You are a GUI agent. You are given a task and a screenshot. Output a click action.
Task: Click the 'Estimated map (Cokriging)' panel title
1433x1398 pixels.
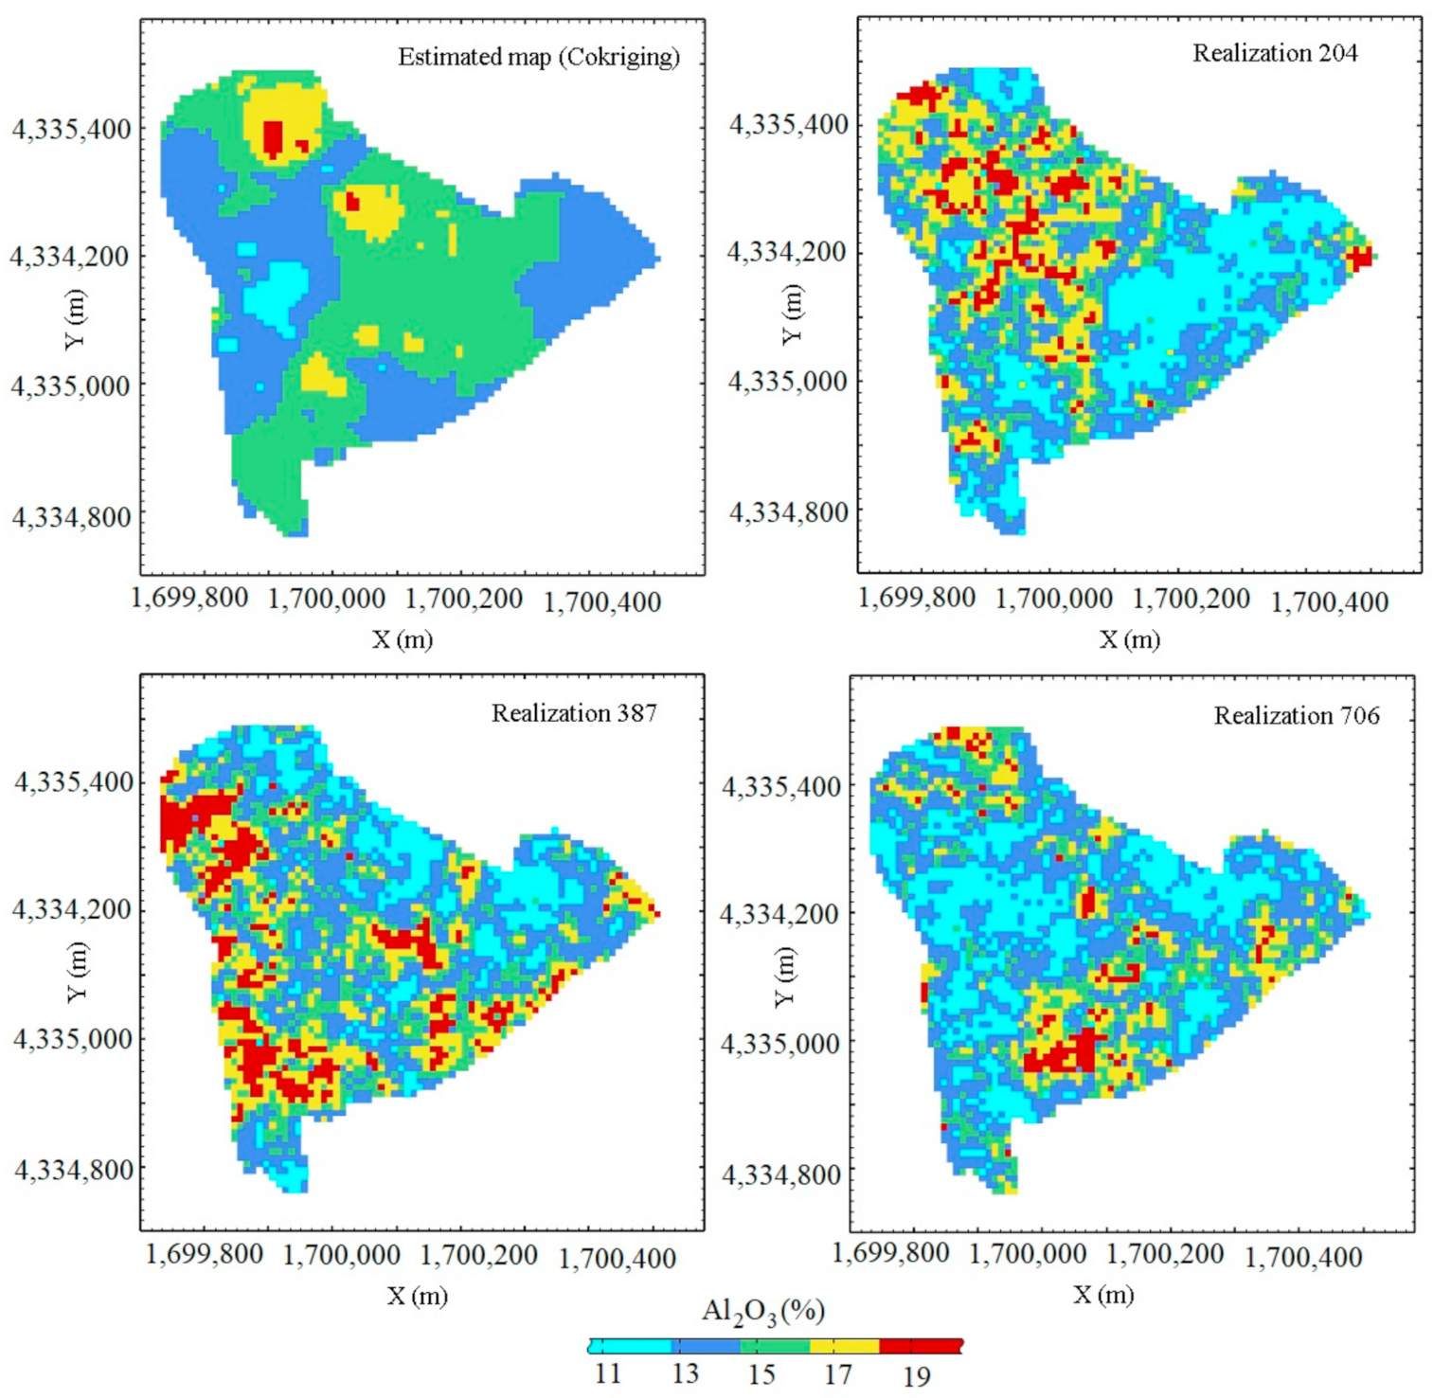click(538, 57)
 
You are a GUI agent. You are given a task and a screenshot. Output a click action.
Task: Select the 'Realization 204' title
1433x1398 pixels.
click(1274, 53)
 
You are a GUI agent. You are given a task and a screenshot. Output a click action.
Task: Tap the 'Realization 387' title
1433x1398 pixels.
click(574, 712)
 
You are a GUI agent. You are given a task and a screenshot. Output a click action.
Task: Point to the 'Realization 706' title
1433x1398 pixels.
click(1296, 715)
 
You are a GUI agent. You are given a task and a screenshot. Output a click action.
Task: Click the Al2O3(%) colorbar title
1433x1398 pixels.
click(763, 1312)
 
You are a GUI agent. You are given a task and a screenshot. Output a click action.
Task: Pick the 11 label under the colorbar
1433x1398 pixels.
click(607, 1373)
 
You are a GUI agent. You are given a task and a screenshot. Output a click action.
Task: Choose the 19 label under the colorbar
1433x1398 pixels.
click(916, 1375)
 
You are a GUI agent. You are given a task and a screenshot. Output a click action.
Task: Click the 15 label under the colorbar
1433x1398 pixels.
click(761, 1373)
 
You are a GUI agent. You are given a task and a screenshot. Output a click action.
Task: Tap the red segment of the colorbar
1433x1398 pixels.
click(920, 1346)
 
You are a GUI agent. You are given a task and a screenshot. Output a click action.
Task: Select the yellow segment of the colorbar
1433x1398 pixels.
click(844, 1346)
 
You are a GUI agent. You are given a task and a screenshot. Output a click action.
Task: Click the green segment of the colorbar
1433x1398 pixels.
click(775, 1346)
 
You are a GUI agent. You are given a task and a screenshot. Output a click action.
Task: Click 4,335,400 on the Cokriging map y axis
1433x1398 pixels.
click(71, 129)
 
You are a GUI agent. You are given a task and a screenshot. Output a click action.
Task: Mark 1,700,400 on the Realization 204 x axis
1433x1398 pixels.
click(1329, 601)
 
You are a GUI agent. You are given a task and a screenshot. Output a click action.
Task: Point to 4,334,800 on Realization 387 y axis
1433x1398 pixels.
click(73, 1170)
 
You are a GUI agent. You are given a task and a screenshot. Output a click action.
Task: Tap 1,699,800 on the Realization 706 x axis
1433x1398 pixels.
click(890, 1253)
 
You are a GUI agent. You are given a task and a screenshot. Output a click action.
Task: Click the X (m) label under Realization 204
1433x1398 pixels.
click(1129, 639)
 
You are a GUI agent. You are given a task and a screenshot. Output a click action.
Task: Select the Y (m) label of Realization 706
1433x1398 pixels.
click(784, 977)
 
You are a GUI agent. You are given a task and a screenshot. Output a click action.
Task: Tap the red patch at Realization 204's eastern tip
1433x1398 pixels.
click(1361, 257)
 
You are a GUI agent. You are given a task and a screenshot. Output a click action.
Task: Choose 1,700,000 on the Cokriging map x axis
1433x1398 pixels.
click(327, 599)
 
